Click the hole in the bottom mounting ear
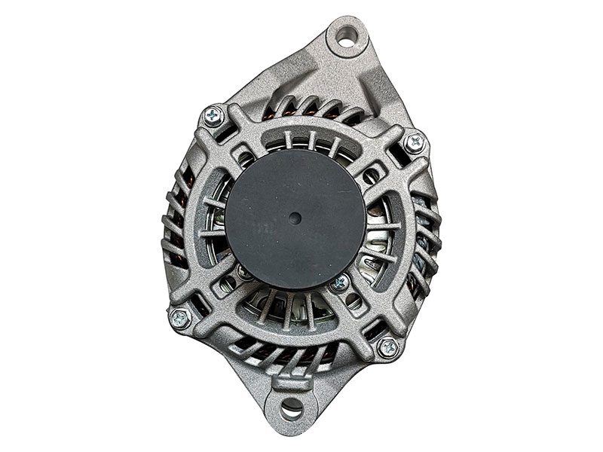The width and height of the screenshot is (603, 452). coord(292,410)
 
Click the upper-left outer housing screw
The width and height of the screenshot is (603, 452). coord(213,115)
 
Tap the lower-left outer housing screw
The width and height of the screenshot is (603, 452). coord(179,318)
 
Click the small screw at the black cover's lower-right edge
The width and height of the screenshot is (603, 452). coord(340,283)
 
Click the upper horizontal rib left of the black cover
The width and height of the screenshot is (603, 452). coord(213,203)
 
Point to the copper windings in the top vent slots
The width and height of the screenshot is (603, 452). coord(317,113)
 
